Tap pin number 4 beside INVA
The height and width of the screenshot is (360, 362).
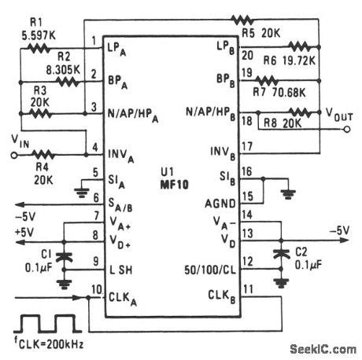click(95, 146)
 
